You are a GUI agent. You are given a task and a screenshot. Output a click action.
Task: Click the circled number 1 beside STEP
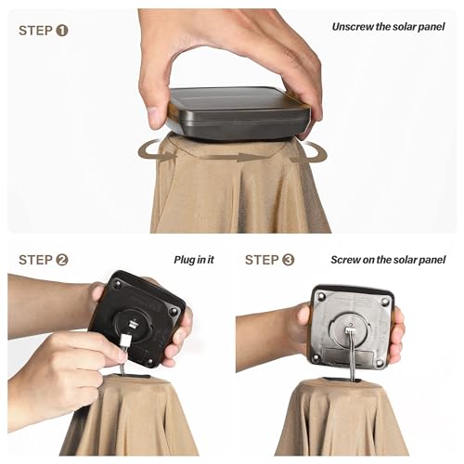(62, 31)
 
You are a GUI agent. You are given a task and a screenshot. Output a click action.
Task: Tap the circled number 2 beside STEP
(62, 260)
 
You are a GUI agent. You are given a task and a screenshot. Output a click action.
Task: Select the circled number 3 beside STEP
(288, 260)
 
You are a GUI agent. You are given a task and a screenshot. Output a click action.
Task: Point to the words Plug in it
(194, 260)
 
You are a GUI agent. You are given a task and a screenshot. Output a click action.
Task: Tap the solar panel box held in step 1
(238, 113)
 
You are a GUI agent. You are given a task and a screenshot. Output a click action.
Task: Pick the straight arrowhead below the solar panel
(247, 157)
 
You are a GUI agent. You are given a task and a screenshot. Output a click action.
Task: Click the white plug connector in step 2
(126, 340)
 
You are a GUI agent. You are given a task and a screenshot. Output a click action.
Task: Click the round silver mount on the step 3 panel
(350, 330)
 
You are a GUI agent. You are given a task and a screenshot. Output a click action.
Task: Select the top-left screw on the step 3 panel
(322, 297)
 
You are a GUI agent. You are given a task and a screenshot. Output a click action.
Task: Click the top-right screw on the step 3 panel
(385, 301)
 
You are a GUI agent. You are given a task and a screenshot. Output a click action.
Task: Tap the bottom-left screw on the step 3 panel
(316, 357)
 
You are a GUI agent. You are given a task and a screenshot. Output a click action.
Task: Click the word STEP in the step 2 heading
(35, 260)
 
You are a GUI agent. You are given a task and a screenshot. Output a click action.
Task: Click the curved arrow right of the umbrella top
(309, 152)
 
